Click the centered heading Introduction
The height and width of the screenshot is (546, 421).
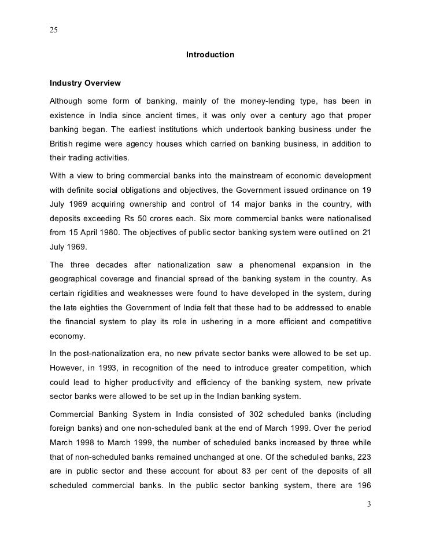tap(210, 55)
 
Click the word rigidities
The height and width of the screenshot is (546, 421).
tap(96, 293)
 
